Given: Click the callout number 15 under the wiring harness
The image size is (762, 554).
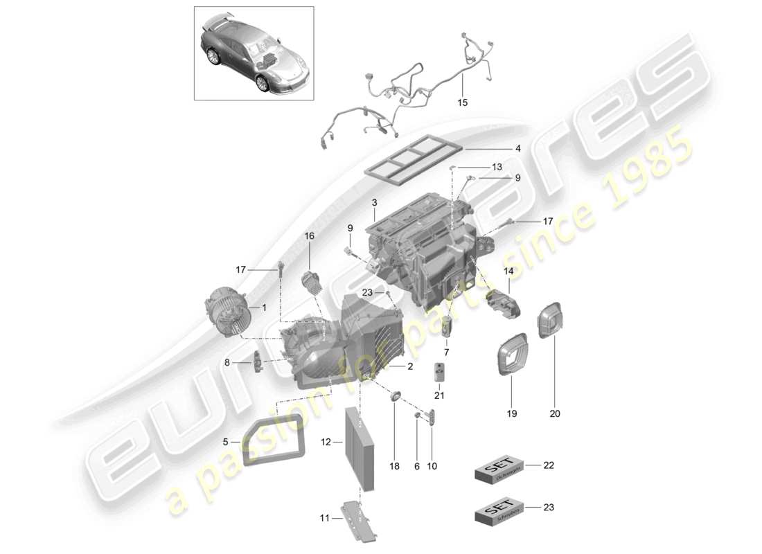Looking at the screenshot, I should [x=462, y=102].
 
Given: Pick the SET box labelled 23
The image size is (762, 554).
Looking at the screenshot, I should [x=497, y=512].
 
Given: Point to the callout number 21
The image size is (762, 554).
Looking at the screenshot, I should [x=439, y=395].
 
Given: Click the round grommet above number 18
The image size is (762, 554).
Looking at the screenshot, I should [x=396, y=396].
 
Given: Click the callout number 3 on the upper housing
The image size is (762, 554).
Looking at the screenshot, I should [x=374, y=204].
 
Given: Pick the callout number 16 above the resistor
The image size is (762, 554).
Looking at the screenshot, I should [x=309, y=236].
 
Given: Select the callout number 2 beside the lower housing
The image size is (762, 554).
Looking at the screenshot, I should [x=410, y=367].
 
